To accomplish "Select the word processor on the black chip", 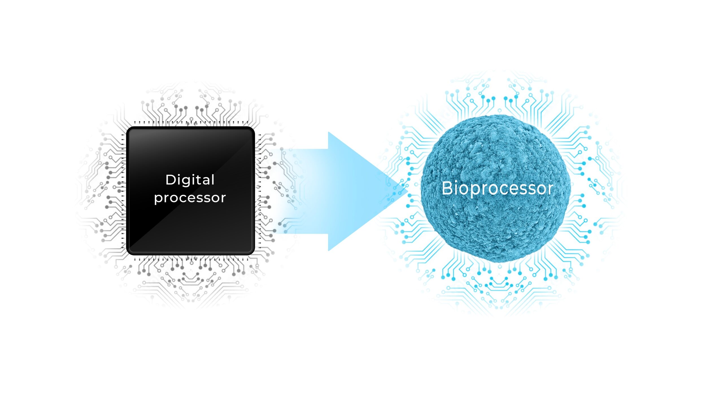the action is click(190, 198).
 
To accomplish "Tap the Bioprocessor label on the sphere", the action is click(497, 189).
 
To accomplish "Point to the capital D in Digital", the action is click(171, 180).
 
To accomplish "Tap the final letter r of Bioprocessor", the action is click(550, 190).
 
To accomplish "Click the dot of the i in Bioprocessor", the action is click(456, 182).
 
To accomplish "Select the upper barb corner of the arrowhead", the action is click(328, 132).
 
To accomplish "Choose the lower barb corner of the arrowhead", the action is click(328, 250).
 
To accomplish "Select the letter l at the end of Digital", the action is click(213, 179).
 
